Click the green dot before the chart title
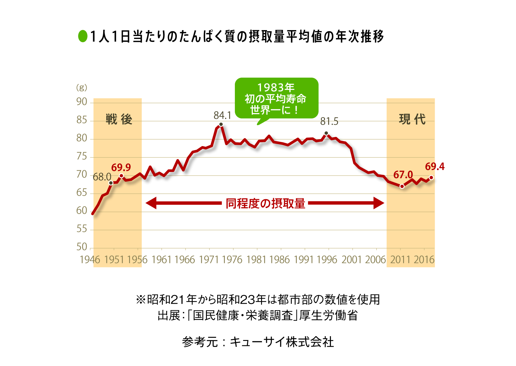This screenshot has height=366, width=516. coord(83,36)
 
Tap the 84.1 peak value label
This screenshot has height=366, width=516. coord(222,115)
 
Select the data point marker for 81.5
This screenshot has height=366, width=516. coord(326,133)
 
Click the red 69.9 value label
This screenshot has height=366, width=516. coord(121,167)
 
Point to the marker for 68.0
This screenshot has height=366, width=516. coord(111,183)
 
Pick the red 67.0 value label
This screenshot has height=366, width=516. coord(403,175)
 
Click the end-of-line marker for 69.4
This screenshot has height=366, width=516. coord(431,178)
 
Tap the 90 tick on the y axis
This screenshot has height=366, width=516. coord(82,102)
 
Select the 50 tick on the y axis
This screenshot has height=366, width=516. coord(82,247)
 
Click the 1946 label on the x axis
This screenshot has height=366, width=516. coord(90,260)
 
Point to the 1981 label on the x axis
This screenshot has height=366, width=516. coord(256,260)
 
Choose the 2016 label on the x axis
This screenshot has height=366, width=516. coord(424,260)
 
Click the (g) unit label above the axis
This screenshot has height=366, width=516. coord(82,87)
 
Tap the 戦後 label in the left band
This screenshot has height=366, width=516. coord(119,120)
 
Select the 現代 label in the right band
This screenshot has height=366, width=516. coord(412,120)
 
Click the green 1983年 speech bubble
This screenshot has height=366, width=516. coord(276,99)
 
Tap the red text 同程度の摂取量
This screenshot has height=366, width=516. coord(265,203)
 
